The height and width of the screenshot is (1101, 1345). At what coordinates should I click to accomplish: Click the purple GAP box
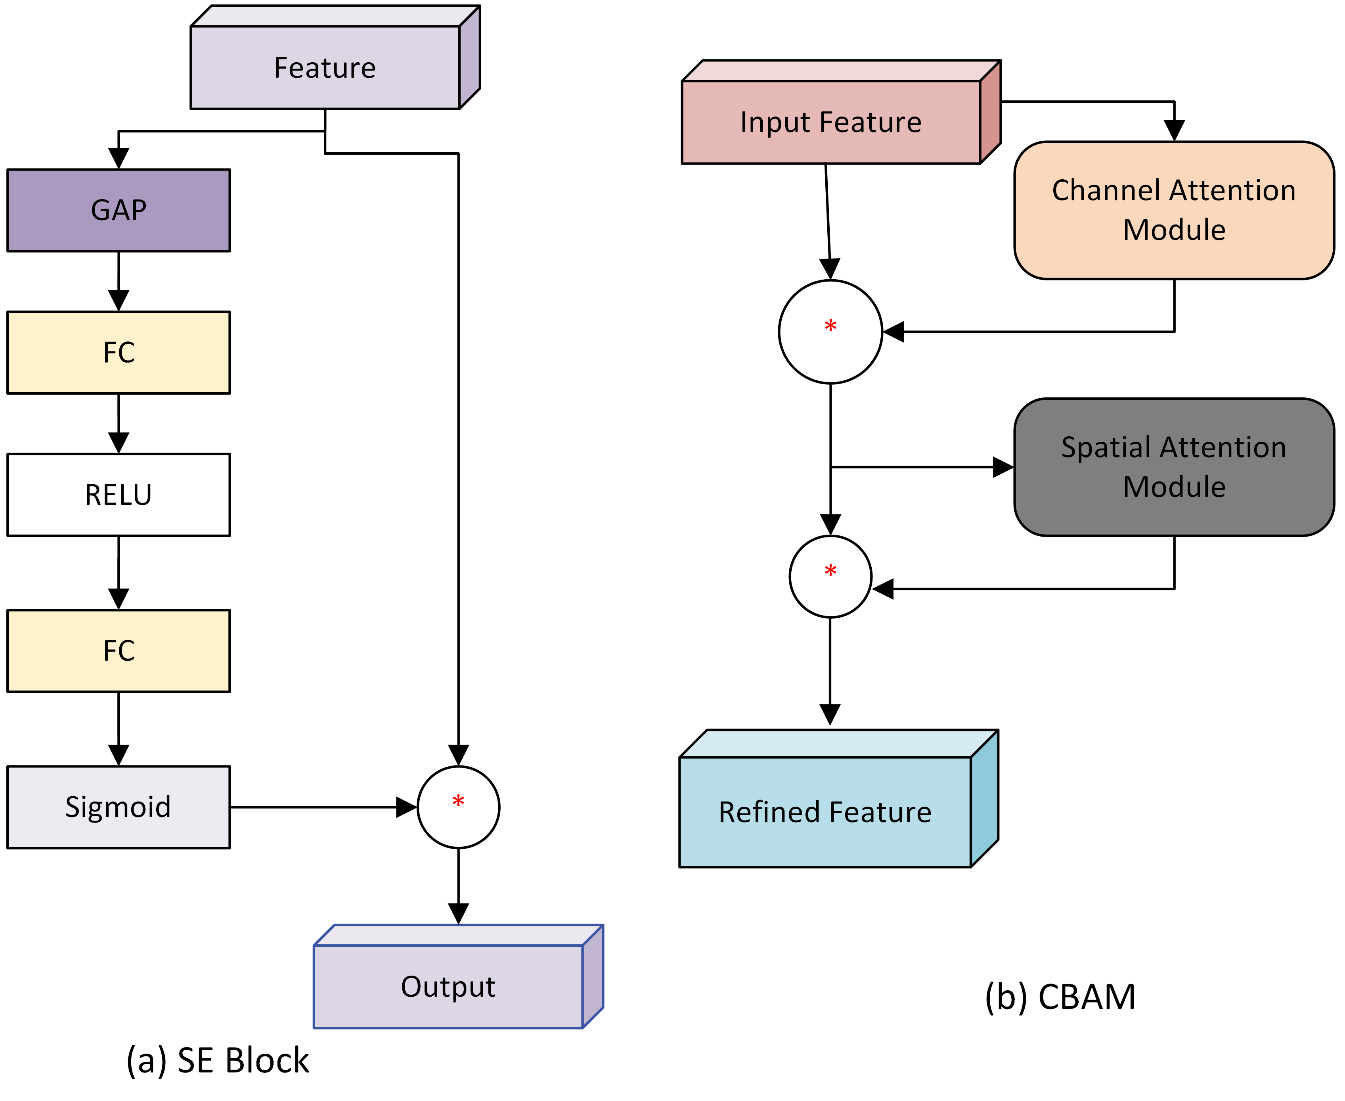tap(119, 210)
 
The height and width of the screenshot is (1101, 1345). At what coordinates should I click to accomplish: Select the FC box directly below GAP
tap(119, 353)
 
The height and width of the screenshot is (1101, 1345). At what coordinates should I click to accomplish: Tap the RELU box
tap(119, 495)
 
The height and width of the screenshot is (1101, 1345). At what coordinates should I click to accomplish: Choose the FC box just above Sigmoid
tap(119, 651)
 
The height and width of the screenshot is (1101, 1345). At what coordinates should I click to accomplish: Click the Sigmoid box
tap(119, 807)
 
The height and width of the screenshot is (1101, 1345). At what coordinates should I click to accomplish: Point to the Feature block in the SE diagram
tap(325, 67)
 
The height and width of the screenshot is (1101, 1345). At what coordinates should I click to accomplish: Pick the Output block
tap(448, 986)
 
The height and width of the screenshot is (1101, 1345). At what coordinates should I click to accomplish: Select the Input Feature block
tap(831, 122)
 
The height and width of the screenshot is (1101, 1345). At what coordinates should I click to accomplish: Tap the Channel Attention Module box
tap(1174, 210)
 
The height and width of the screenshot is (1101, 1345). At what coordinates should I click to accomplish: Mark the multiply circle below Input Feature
tap(830, 332)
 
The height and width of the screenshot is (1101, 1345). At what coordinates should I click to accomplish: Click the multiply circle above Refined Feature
tap(830, 577)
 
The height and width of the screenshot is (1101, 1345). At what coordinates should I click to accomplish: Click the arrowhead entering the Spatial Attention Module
tap(1003, 468)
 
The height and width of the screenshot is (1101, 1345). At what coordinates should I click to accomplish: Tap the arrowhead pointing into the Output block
tap(458, 913)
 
